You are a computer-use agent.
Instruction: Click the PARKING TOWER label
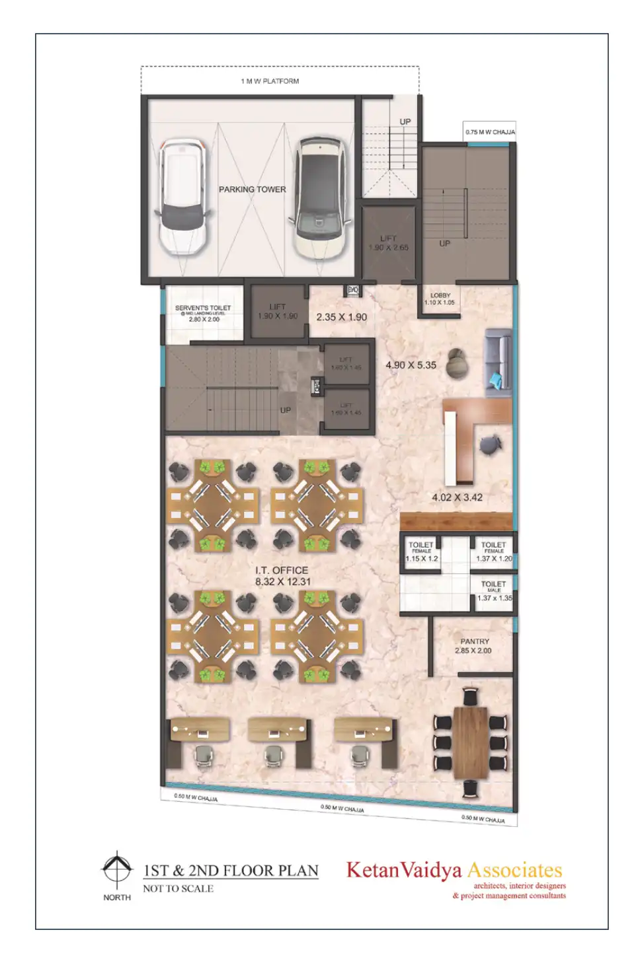252,190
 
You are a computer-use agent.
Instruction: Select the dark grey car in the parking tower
320,197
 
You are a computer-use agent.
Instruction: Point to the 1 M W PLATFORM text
270,81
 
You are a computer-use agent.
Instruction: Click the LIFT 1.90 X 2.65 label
388,243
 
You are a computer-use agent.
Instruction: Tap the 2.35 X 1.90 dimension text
341,317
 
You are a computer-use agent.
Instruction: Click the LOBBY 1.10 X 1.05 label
440,299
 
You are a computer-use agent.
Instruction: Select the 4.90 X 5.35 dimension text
411,365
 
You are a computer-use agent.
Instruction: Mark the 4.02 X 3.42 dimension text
457,497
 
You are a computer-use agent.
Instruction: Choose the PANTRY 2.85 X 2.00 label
474,646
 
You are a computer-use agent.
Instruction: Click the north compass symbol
116,869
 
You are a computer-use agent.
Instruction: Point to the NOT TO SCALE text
178,889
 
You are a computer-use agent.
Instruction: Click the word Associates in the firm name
514,870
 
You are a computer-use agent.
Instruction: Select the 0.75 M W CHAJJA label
489,132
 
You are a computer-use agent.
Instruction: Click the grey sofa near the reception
499,362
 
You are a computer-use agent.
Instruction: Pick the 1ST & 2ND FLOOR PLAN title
231,871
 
